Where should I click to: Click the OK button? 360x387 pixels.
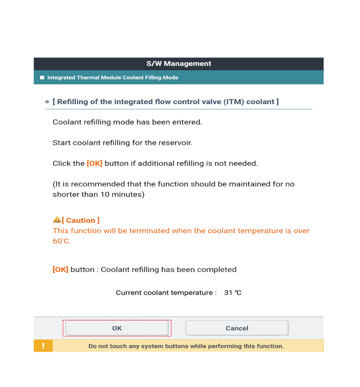pos(117,328)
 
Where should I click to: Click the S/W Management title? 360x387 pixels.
pos(179,64)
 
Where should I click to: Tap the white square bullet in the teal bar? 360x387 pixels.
pos(42,78)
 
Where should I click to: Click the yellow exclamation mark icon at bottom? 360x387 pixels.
pos(43,346)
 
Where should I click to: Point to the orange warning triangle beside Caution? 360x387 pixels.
pos(56,220)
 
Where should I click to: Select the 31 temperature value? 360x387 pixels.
pos(228,293)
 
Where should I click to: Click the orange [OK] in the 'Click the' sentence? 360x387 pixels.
pos(94,163)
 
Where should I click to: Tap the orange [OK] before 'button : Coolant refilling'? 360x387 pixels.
pos(61,269)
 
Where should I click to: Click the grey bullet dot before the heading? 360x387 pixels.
pos(47,102)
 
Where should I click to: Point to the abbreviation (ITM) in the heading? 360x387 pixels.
pos(233,102)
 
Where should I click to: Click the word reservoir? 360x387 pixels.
pos(175,143)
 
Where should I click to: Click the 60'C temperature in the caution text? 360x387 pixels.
pos(61,241)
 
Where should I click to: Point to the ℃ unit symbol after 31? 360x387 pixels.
pos(238,293)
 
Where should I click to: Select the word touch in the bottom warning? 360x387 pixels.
pos(120,346)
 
